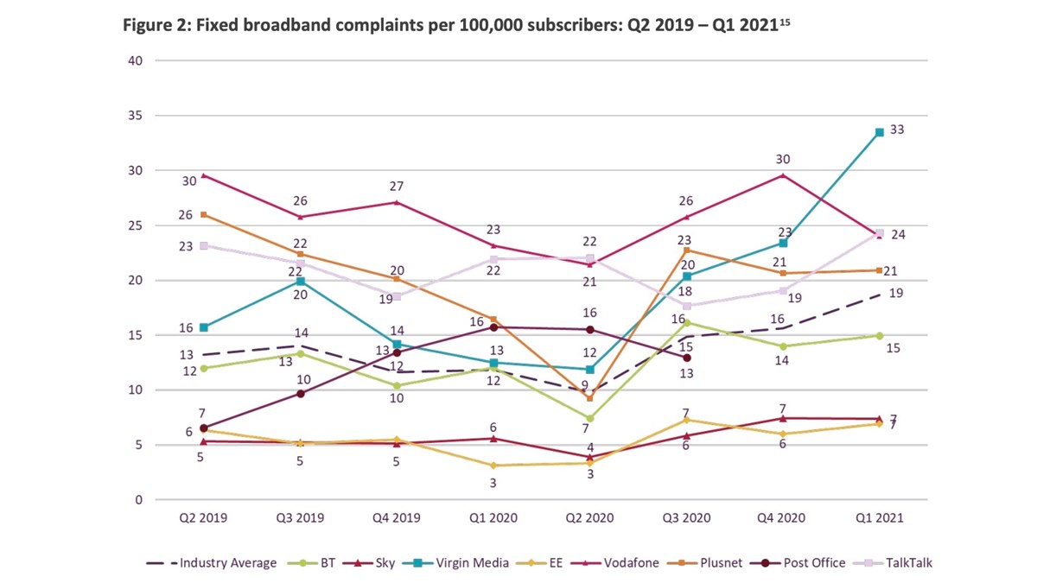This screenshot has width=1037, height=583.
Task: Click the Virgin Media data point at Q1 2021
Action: [879, 132]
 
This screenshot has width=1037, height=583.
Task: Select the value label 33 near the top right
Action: [897, 129]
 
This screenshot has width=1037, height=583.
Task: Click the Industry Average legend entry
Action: [217, 563]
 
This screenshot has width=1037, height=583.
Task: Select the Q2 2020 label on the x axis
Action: [589, 520]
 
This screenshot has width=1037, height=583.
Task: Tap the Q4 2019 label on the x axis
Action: [397, 520]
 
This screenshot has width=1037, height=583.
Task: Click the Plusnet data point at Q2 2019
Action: [204, 214]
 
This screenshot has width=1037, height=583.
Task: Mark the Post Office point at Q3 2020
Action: [686, 358]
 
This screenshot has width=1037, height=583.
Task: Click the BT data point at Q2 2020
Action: [589, 418]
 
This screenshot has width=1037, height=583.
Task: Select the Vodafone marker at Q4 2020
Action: [783, 175]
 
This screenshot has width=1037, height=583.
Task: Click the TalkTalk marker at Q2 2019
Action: [204, 245]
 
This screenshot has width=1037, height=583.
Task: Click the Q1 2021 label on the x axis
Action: [879, 520]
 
